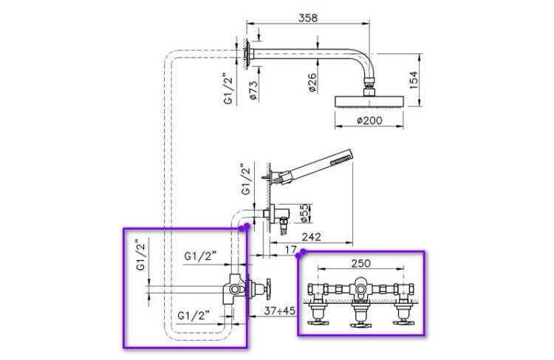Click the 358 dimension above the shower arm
(304, 18)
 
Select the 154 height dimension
(414, 78)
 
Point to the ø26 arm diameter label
(312, 81)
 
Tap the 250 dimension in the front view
(361, 264)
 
